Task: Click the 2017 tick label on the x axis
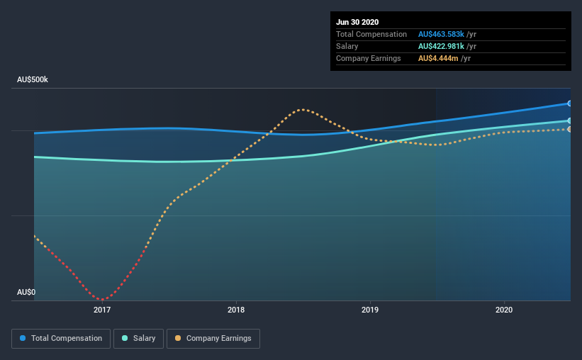tap(102, 310)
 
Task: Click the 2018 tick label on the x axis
tap(236, 310)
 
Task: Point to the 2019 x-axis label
tap(370, 310)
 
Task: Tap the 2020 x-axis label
tap(504, 310)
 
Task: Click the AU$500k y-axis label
tap(33, 80)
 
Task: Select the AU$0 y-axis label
tap(26, 292)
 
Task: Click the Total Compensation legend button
tap(61, 339)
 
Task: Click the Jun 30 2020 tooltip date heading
tap(359, 22)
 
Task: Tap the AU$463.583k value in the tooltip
tap(441, 34)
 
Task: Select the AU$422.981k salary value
tap(441, 46)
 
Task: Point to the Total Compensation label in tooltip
tap(371, 34)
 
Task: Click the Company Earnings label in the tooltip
tap(369, 58)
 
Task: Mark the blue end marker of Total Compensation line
tap(570, 103)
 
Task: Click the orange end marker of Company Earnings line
tap(570, 129)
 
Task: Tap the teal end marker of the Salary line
tap(570, 120)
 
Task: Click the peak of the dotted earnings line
tap(303, 109)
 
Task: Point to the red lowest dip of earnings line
tap(102, 300)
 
